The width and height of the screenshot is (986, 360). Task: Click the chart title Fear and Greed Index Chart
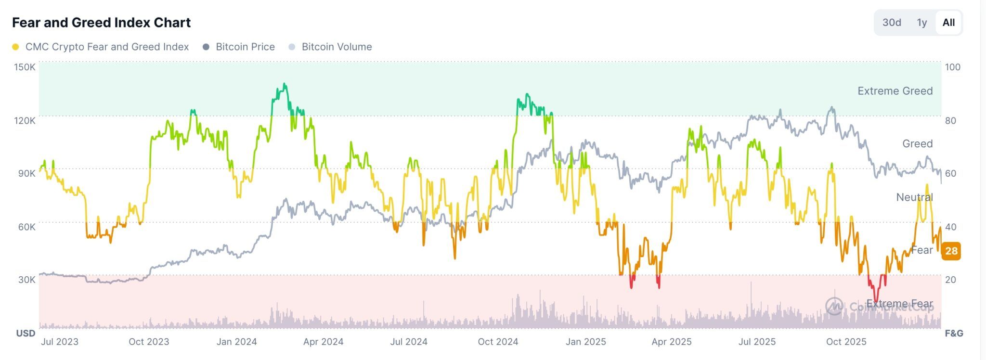pos(101,23)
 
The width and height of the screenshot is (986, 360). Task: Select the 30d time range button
pos(891,23)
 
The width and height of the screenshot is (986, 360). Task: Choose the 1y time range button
pos(921,23)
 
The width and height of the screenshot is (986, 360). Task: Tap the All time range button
pos(948,23)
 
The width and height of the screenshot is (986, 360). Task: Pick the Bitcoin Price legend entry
pos(245,47)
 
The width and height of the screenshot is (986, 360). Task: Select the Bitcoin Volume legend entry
pos(337,47)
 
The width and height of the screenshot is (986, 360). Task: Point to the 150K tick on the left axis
pos(25,67)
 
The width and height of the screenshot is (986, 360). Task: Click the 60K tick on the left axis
pos(26,227)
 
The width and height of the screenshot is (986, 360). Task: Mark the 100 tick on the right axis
pos(952,67)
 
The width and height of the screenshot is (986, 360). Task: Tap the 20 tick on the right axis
pos(950,280)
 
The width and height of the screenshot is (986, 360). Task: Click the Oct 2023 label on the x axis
pos(149,342)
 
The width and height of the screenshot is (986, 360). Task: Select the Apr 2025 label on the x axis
pos(671,342)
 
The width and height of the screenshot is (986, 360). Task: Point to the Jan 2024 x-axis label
pos(236,342)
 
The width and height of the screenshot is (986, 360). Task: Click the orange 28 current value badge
pos(951,251)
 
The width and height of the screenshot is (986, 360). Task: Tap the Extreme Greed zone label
pos(895,91)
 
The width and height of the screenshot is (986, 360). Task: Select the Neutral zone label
pos(914,197)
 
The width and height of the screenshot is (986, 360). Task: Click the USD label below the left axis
pos(26,333)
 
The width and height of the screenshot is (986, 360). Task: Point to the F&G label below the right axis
pos(954,333)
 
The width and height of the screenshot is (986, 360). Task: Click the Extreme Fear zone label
pos(899,304)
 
